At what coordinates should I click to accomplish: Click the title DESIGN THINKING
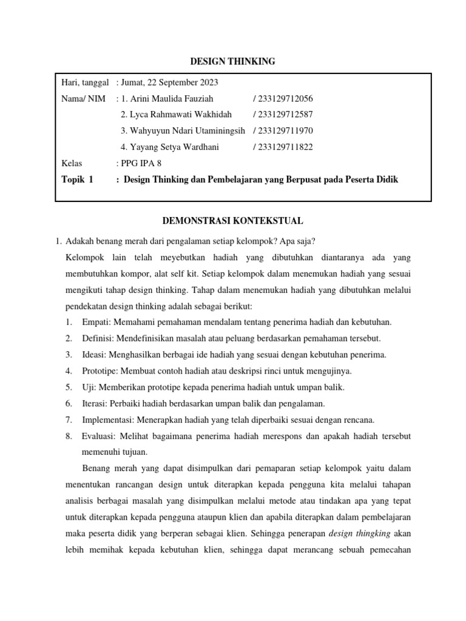(233, 61)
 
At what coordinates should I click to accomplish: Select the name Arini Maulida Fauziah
(167, 99)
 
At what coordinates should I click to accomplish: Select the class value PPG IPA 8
(141, 163)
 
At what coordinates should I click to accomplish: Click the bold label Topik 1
(78, 180)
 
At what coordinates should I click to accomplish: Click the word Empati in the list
(94, 322)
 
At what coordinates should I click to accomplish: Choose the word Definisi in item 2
(96, 338)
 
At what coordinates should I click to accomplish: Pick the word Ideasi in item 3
(94, 355)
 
